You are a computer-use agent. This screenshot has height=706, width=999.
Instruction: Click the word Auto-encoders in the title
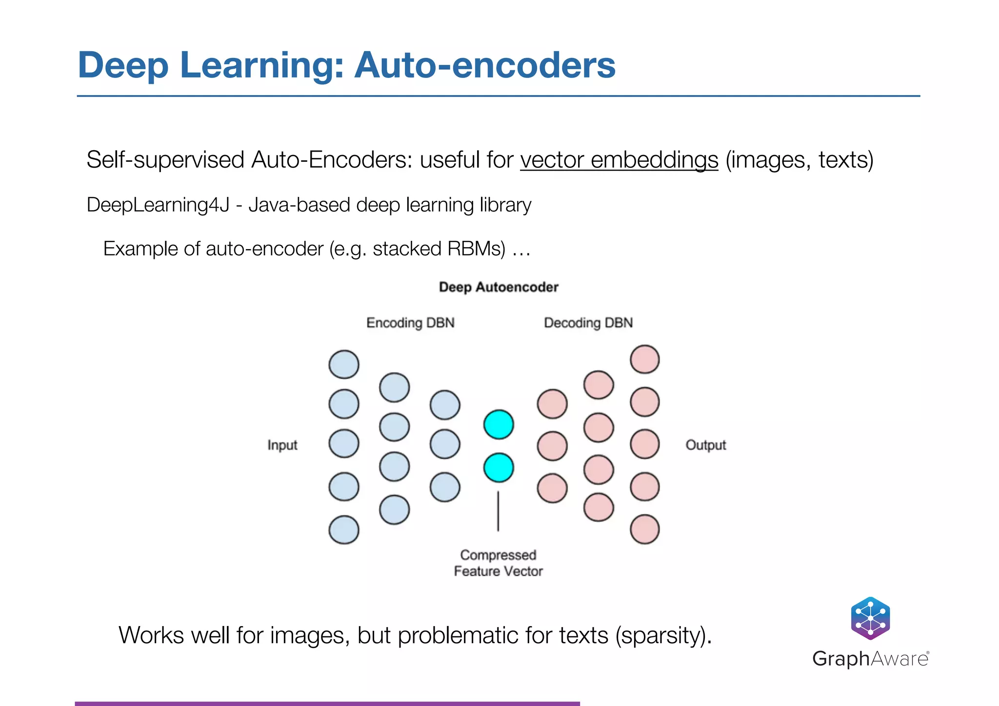484,65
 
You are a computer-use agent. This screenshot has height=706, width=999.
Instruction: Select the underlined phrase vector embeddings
619,160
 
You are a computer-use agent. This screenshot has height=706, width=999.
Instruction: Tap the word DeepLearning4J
158,205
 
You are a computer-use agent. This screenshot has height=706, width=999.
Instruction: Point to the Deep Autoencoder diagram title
499,287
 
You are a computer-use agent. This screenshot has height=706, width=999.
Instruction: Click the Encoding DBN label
410,323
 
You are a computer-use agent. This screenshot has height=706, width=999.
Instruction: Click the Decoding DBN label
588,323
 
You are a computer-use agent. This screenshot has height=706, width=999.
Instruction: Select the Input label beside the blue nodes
282,445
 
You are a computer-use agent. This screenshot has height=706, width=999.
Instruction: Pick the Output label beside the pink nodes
705,445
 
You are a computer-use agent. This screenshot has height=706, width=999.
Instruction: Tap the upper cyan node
499,424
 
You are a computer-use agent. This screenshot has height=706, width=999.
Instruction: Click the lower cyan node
499,468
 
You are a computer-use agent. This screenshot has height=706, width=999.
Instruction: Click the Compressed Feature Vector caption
498,563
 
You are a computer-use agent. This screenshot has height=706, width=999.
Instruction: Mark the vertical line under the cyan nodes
498,511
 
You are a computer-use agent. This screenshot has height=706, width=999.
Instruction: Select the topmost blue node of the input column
344,364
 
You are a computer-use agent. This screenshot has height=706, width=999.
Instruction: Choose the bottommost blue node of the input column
344,529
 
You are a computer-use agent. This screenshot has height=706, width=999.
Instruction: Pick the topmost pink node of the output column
645,359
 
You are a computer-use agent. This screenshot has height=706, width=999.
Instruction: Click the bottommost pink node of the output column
645,529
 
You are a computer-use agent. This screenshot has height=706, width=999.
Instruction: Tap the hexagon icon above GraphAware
870,618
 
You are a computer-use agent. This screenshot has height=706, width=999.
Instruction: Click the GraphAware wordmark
870,659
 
